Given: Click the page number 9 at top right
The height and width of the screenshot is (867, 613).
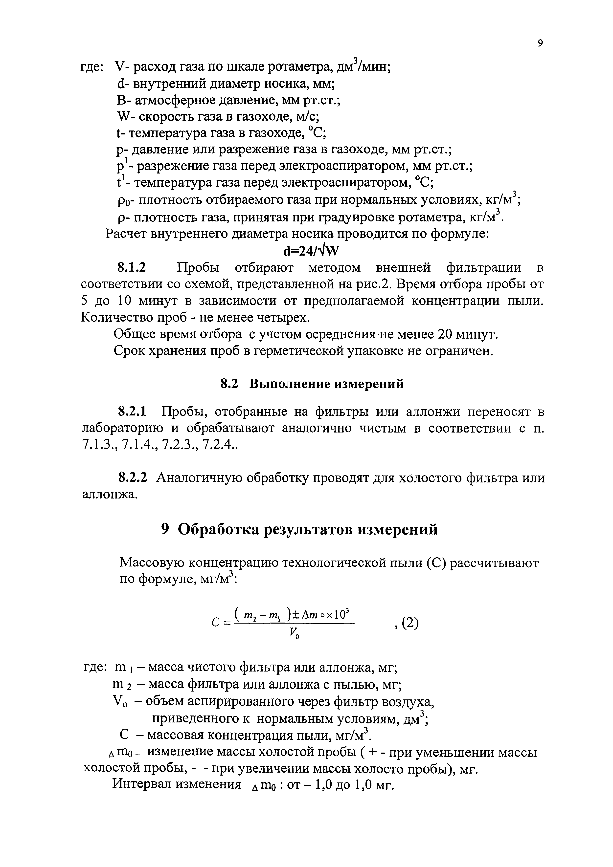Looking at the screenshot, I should click(540, 43).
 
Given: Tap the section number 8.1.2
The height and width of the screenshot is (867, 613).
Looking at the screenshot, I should click(132, 268).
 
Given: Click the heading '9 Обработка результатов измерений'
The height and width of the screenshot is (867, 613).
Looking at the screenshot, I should click(299, 529).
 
